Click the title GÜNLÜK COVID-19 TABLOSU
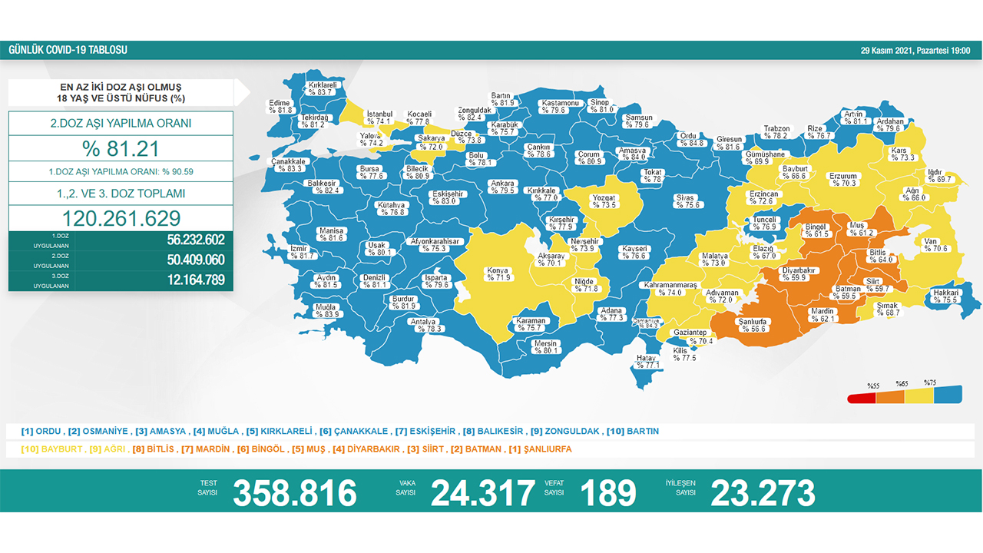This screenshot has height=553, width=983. click(x=68, y=50)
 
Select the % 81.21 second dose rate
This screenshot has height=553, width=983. click(x=121, y=148)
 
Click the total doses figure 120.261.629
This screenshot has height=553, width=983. click(x=121, y=218)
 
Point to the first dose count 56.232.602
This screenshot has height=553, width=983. click(x=195, y=240)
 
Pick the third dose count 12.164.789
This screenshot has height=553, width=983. click(x=195, y=280)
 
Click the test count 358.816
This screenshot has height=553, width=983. click(x=295, y=493)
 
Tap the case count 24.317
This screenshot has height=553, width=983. click(x=482, y=493)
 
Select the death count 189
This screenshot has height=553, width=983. click(x=608, y=493)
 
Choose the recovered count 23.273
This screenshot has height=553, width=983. click(x=763, y=493)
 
